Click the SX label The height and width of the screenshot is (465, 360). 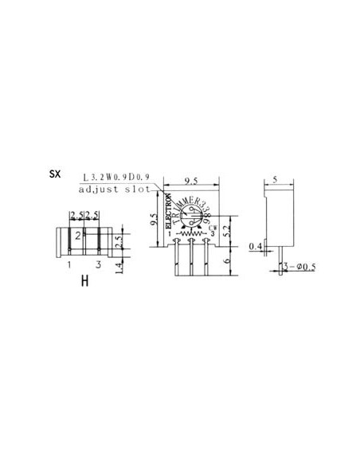(54, 174)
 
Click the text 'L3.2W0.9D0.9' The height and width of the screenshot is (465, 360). (119, 177)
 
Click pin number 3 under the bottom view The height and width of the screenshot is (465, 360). (97, 264)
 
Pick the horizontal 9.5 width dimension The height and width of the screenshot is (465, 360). (191, 181)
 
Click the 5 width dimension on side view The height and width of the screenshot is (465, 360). (275, 181)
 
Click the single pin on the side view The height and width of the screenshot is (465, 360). (280, 260)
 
